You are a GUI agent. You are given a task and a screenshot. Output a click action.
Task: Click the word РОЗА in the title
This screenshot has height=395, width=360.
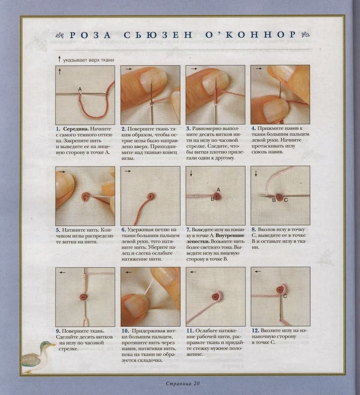90,35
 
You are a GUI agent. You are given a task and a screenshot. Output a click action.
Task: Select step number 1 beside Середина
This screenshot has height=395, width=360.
58,129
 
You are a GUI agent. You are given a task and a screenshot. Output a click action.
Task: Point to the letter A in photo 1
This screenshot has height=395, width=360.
80,89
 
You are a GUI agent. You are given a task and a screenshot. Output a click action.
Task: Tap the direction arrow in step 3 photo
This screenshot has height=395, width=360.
194,69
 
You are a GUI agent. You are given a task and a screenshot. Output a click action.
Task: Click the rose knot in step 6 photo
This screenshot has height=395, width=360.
151,196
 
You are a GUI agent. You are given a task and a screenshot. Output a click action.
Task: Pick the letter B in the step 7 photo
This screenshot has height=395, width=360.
212,199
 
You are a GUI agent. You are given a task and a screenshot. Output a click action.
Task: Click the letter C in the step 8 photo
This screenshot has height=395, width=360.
286,200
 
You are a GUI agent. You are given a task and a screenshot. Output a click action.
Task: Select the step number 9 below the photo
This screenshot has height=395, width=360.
58,331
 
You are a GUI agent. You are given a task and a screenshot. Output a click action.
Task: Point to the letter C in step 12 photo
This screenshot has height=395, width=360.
285,296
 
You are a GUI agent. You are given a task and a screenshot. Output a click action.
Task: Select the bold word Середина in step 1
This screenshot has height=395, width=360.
76,129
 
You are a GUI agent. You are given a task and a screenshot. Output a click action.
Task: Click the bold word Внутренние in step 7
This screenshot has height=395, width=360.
230,235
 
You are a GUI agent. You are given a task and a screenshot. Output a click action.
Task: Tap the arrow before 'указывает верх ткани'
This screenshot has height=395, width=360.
59,59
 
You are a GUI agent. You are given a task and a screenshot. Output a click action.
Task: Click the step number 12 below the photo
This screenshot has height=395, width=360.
255,330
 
